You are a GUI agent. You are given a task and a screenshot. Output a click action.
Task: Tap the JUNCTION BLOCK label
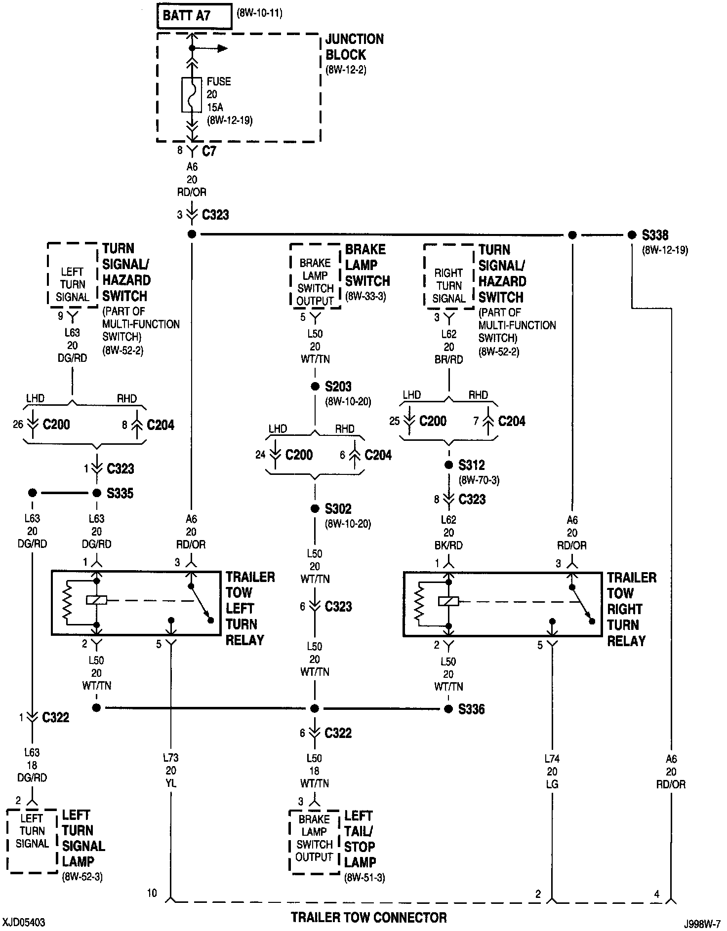pos(354,47)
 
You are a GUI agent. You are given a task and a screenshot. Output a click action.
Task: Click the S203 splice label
pos(338,386)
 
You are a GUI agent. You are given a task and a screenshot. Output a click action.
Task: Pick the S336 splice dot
pos(448,709)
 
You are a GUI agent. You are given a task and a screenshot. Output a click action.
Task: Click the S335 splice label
pos(121,493)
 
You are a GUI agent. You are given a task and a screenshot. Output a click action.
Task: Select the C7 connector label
pos(209,151)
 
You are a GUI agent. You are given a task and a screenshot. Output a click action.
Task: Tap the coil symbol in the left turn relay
pos(97,600)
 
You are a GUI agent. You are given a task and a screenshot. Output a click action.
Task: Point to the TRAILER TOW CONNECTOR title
pos(369,917)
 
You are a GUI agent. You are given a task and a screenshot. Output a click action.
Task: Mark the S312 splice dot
pos(448,465)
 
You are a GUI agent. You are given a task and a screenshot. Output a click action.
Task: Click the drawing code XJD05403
pos(24,922)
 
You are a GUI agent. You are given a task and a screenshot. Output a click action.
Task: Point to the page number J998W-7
pos(702,922)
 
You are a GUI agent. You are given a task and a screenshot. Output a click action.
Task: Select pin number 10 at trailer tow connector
pos(152,892)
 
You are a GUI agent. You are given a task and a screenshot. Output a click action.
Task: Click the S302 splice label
pos(338,508)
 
